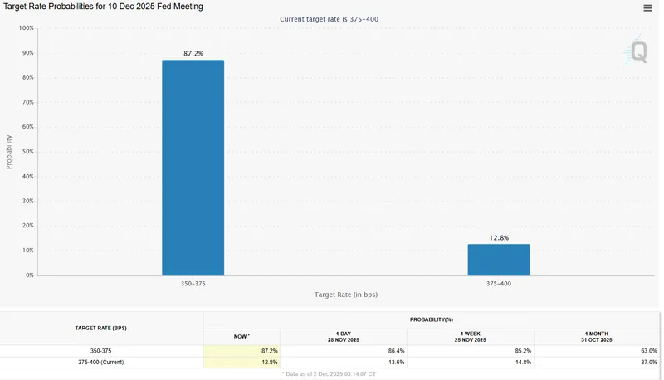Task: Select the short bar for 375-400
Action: point(498,260)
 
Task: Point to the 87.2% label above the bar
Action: point(193,53)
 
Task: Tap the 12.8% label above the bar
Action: point(498,237)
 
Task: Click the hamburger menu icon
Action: point(647,7)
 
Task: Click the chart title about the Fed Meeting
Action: point(104,7)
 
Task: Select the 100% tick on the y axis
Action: point(26,28)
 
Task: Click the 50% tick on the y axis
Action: point(27,152)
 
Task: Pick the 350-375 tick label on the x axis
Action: point(193,284)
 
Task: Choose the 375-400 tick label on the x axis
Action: point(498,284)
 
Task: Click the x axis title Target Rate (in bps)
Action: point(345,295)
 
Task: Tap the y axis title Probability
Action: point(9,152)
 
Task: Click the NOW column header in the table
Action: point(242,336)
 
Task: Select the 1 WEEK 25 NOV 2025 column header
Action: point(471,336)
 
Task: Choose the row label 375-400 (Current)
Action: point(101,363)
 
